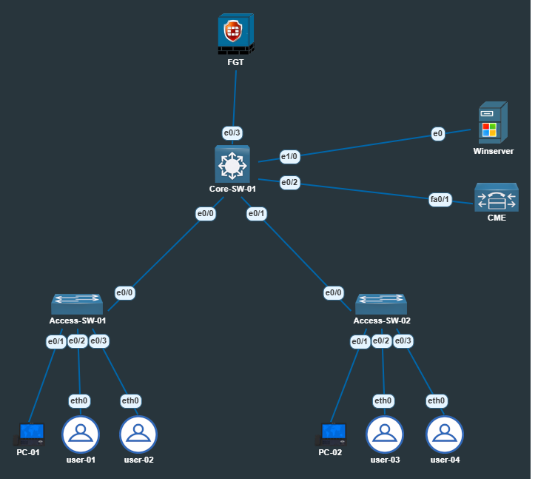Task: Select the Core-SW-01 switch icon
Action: (x=232, y=164)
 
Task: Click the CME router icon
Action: (x=497, y=198)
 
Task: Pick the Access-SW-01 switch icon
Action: (x=77, y=304)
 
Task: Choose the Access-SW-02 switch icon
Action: (x=381, y=304)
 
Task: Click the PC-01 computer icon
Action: (x=31, y=434)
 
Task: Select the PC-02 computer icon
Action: (x=333, y=434)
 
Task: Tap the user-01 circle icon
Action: (x=81, y=434)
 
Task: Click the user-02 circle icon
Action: (x=138, y=434)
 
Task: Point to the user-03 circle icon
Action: (x=385, y=434)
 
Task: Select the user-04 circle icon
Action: (x=445, y=434)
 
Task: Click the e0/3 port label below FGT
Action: (x=232, y=133)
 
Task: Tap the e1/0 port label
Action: (x=289, y=156)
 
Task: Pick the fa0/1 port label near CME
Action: (x=440, y=199)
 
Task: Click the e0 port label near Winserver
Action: (x=438, y=134)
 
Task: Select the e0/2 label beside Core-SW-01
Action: (x=289, y=182)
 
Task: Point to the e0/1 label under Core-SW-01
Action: (x=256, y=214)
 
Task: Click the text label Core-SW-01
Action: (x=232, y=189)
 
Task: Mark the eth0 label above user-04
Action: (x=437, y=401)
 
